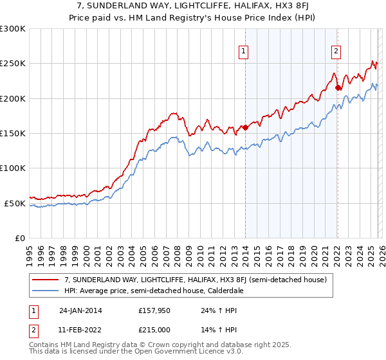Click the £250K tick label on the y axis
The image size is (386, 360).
tap(13, 64)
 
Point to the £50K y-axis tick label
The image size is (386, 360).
tap(15, 203)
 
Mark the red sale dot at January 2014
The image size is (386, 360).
tap(245, 128)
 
